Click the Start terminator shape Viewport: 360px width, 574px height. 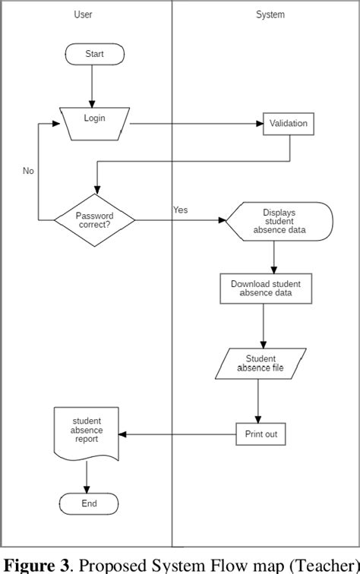click(94, 54)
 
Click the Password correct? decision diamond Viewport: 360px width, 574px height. click(95, 220)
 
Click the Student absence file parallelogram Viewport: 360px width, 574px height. click(260, 364)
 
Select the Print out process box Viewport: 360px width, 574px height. click(261, 434)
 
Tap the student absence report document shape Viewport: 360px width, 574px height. click(87, 431)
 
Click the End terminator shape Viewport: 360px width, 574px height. click(89, 503)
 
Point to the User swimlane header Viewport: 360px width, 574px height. click(84, 14)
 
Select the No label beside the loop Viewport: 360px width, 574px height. click(28, 171)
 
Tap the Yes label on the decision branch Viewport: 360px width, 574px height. click(180, 210)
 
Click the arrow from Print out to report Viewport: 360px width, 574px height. click(178, 434)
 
